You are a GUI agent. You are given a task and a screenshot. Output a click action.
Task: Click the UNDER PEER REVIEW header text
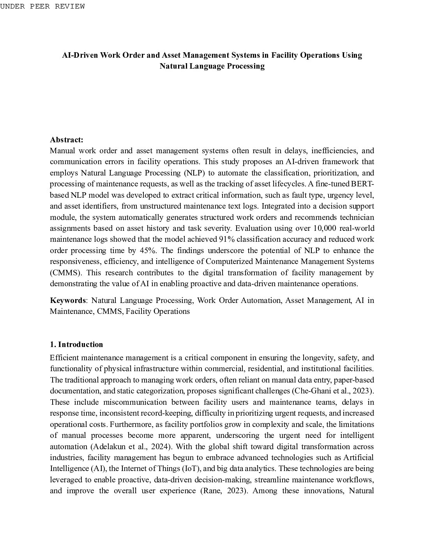click(x=42, y=6)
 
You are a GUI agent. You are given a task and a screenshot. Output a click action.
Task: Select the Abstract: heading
click(x=67, y=140)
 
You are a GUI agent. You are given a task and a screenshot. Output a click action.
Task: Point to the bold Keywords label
click(x=68, y=300)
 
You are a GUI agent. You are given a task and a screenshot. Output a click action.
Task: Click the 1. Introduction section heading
click(x=76, y=344)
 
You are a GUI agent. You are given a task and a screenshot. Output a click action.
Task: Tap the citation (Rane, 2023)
click(x=224, y=491)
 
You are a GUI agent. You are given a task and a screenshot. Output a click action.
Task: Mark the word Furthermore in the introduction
click(x=132, y=424)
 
